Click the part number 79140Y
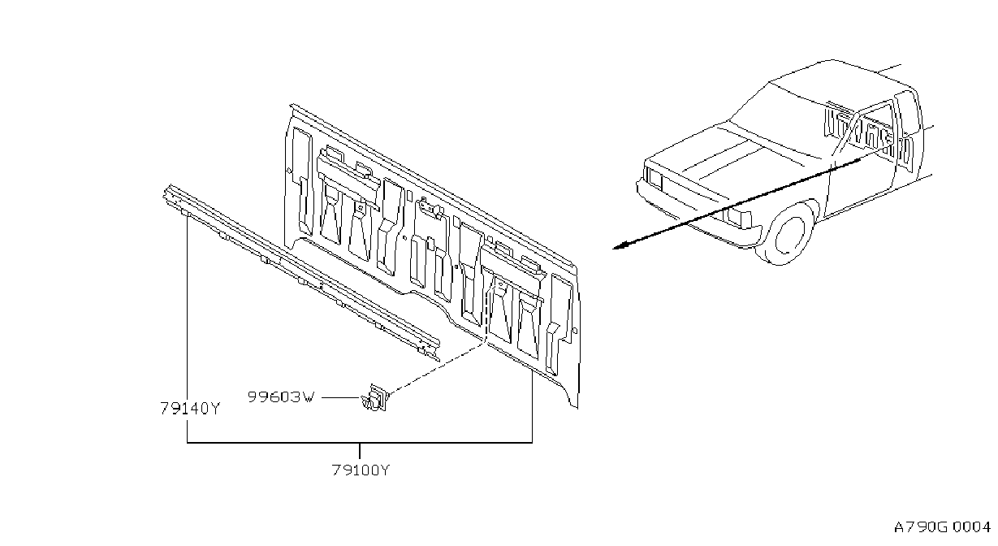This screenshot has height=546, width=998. click(x=190, y=408)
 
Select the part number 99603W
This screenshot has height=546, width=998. click(x=281, y=396)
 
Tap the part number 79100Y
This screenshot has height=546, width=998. click(x=361, y=470)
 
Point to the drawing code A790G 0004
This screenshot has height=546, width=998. click(x=942, y=527)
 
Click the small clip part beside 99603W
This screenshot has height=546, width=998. click(x=375, y=398)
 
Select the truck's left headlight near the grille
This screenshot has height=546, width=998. click(x=654, y=178)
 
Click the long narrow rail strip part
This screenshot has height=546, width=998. click(x=301, y=272)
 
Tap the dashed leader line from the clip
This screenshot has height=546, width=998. click(x=437, y=369)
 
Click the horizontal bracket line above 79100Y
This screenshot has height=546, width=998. click(x=360, y=443)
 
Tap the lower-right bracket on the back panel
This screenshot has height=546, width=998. click(x=512, y=272)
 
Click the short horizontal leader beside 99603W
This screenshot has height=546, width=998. click(x=341, y=397)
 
